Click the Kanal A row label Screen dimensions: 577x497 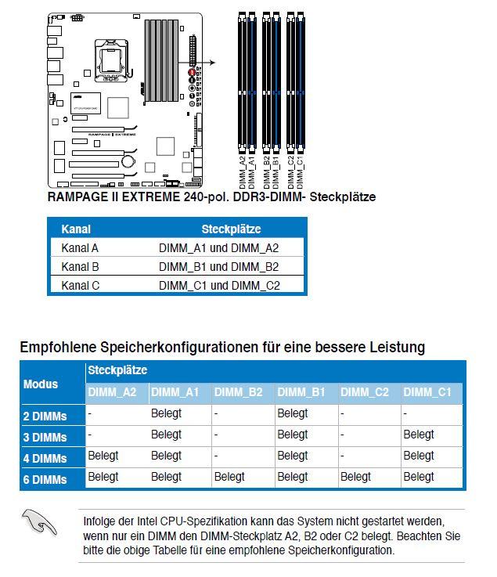80,248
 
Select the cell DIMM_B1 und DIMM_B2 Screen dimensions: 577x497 218,267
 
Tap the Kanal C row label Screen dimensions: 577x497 80,286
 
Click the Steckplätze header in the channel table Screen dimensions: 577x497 231,229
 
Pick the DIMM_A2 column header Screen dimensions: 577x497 113,392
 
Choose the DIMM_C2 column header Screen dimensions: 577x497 365,392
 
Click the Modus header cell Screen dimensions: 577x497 41,384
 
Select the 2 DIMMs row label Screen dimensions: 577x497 45,417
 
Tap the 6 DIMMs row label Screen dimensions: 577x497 45,479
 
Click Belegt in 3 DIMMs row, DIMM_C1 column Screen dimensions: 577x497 419,435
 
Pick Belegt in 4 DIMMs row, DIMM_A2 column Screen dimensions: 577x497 103,456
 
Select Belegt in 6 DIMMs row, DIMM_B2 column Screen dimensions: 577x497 229,477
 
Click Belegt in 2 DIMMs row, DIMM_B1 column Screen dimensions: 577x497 293,413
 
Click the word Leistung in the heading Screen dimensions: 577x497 395,346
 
